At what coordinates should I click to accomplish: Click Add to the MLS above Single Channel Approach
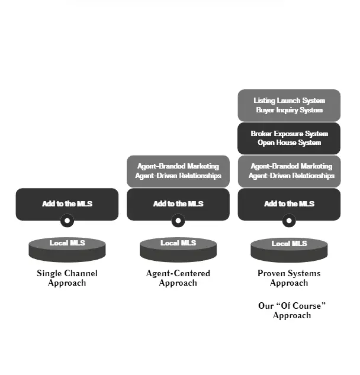67,203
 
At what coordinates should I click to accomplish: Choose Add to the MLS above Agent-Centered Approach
178,203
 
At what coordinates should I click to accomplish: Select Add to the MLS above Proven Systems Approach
289,203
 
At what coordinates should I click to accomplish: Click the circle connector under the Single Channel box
67,221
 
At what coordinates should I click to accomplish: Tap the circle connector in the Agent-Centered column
178,221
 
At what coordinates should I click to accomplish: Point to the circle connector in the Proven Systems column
289,221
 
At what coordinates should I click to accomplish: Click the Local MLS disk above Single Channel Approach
67,249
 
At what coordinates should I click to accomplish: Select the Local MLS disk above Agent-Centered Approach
178,249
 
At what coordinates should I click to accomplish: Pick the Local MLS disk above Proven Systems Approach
289,249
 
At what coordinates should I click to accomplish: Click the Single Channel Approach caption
67,278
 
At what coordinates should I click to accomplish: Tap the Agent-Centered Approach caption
178,278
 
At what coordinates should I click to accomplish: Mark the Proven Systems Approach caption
289,278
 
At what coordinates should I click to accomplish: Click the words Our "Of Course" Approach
292,311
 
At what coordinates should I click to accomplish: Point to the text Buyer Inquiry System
289,110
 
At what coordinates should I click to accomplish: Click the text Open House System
289,143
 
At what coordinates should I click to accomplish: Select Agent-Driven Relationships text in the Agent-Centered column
178,176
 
